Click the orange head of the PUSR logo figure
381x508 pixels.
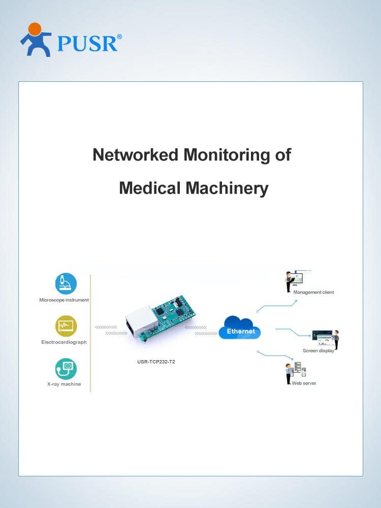[x=35, y=28]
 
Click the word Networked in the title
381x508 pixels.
[x=136, y=154]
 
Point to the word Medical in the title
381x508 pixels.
[x=150, y=188]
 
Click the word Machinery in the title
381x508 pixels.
[x=227, y=188]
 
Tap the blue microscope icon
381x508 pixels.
[x=66, y=283]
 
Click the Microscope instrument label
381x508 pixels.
[x=64, y=300]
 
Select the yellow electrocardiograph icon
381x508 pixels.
[x=66, y=326]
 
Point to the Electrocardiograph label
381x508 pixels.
[x=64, y=342]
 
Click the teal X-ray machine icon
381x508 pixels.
[x=66, y=369]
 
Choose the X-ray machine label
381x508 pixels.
[x=64, y=384]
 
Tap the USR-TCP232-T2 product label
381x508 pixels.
[x=156, y=362]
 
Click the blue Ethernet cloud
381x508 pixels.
[x=240, y=328]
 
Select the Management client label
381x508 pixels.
[x=313, y=292]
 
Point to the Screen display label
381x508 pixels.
[x=318, y=351]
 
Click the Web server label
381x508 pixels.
[x=304, y=383]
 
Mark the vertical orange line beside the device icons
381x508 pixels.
[x=90, y=333]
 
